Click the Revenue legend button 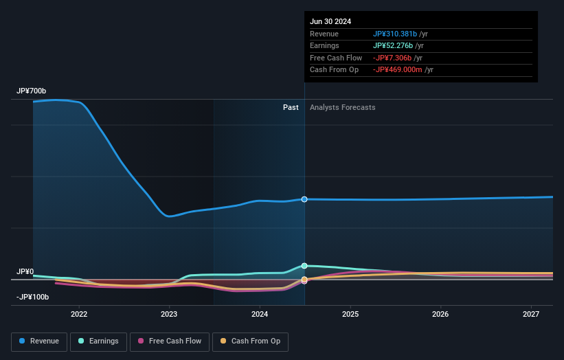point(39,341)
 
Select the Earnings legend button point(98,341)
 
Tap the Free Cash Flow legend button point(170,341)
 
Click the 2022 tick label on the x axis point(79,315)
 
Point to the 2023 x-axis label point(169,315)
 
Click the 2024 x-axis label point(260,315)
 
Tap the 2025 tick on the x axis point(350,315)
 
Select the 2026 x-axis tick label point(440,315)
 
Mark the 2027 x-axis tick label point(531,315)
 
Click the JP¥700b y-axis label point(32,91)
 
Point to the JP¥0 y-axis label point(25,272)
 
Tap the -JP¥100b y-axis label point(34,297)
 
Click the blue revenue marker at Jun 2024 point(304,199)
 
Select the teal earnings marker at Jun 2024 point(304,265)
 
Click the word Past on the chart point(291,107)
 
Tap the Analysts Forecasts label point(342,107)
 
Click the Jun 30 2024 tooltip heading point(330,21)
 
